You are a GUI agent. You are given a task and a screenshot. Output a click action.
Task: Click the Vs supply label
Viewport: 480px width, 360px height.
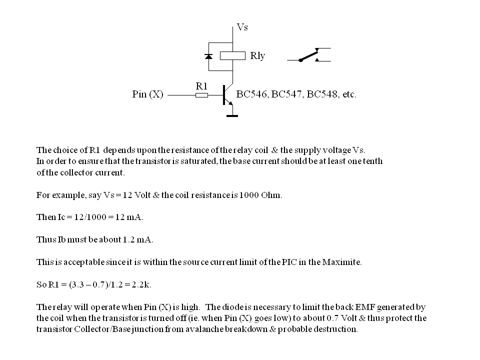click(242, 27)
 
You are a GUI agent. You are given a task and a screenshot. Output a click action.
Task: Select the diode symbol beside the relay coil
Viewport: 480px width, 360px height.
click(209, 56)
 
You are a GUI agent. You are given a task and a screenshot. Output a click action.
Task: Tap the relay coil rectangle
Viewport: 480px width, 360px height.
click(233, 55)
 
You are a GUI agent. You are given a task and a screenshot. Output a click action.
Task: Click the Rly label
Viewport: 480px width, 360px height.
click(257, 56)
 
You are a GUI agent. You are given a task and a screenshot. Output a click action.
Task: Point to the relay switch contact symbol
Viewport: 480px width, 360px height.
click(309, 55)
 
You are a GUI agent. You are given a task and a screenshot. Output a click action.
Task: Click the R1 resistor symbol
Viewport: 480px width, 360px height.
click(201, 94)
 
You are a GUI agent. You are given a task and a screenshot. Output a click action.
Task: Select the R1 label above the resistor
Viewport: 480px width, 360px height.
click(201, 85)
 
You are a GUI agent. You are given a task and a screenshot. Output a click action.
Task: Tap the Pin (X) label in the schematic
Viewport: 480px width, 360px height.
click(147, 94)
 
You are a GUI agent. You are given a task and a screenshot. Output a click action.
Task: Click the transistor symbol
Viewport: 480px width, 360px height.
click(227, 94)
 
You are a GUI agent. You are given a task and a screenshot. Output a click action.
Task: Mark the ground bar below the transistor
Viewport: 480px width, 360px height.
click(232, 116)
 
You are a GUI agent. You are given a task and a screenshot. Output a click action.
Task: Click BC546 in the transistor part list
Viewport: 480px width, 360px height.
click(251, 94)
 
